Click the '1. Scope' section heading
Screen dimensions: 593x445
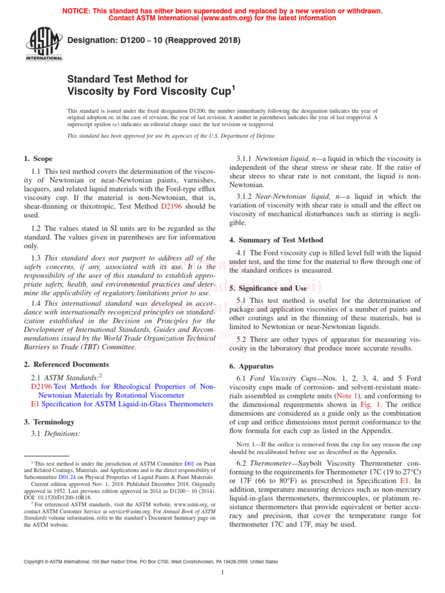(x=38, y=159)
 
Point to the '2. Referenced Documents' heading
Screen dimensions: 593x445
(x=66, y=364)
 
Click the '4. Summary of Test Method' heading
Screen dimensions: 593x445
(x=276, y=240)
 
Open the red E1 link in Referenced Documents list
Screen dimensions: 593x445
(x=35, y=404)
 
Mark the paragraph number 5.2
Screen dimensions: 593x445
(x=243, y=339)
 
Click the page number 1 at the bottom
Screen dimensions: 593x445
(x=222, y=573)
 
